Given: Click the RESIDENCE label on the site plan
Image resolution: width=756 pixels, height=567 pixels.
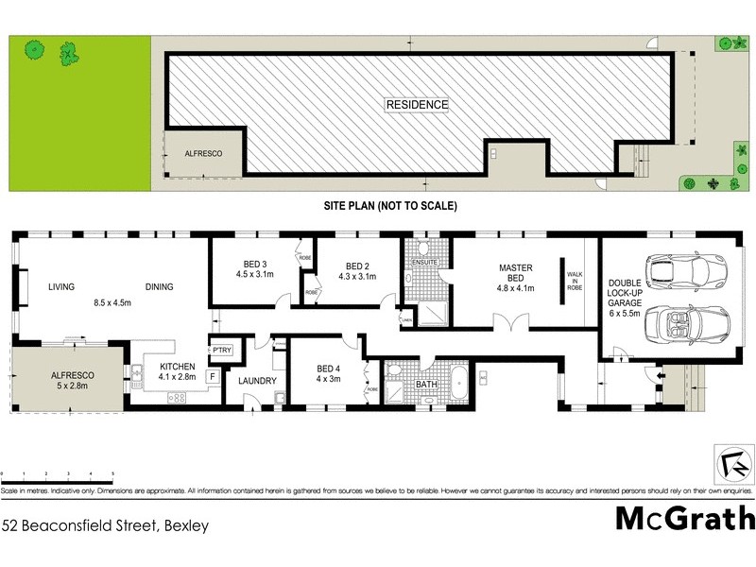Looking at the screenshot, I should [417, 104].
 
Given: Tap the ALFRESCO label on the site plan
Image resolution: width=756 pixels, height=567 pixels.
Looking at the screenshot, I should [202, 152].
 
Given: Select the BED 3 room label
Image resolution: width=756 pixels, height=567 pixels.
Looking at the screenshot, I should [254, 270].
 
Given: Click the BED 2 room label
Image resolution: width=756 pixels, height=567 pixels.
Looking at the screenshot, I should [357, 271].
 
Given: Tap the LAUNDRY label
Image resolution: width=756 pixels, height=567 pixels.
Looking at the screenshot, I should [257, 382].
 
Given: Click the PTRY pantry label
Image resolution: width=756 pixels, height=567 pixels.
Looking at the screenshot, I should [222, 351].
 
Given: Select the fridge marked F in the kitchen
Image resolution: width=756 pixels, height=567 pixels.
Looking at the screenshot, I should [213, 376].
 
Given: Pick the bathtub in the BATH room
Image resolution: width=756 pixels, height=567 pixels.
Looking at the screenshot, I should [457, 386].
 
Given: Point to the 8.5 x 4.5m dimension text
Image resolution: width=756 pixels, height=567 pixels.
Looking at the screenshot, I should [112, 303].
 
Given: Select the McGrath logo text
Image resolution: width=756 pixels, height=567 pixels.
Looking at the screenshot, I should [685, 518].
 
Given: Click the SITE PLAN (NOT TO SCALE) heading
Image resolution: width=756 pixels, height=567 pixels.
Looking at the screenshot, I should [389, 205].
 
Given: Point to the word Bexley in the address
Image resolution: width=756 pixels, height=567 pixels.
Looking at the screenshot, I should [186, 525].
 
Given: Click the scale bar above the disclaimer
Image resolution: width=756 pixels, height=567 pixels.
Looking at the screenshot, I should [58, 472].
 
